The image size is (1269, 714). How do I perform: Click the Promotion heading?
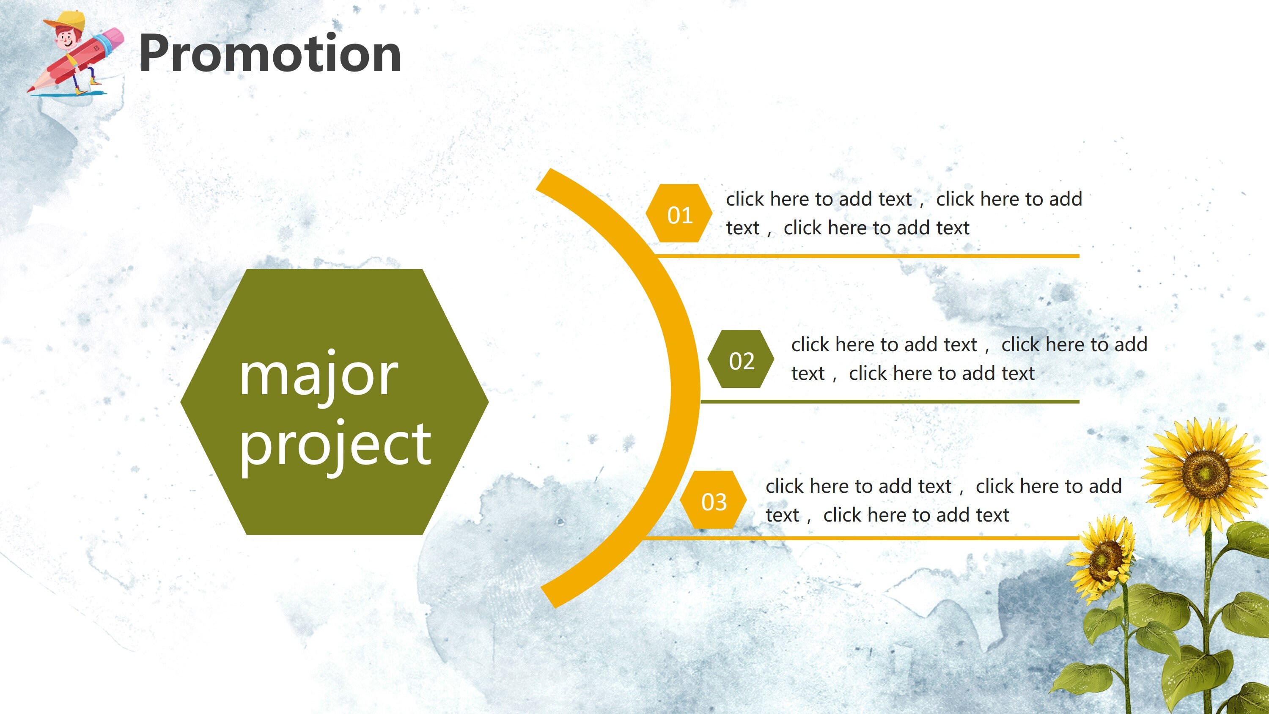point(270,54)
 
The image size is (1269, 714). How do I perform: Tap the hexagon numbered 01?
point(679,213)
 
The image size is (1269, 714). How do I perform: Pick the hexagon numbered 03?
point(713,500)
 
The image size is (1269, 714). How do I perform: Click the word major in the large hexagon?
point(318,376)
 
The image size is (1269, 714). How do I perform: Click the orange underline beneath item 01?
point(868,256)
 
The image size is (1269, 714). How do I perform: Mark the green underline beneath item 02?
point(890,401)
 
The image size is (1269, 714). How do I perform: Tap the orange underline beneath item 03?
point(862,538)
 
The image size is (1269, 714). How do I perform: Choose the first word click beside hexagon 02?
point(810,345)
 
